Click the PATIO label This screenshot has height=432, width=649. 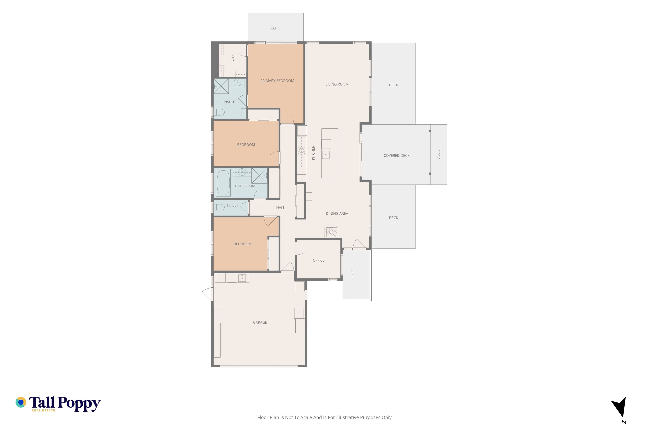tap(275, 28)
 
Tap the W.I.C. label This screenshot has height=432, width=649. tap(233, 57)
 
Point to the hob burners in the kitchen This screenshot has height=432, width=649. tap(302, 150)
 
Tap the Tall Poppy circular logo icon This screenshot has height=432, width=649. tap(21, 402)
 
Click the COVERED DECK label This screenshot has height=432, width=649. tap(396, 156)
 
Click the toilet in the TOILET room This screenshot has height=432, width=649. tap(219, 207)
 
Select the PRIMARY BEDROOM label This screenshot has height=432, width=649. tap(277, 81)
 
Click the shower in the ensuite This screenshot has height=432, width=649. tap(221, 86)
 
